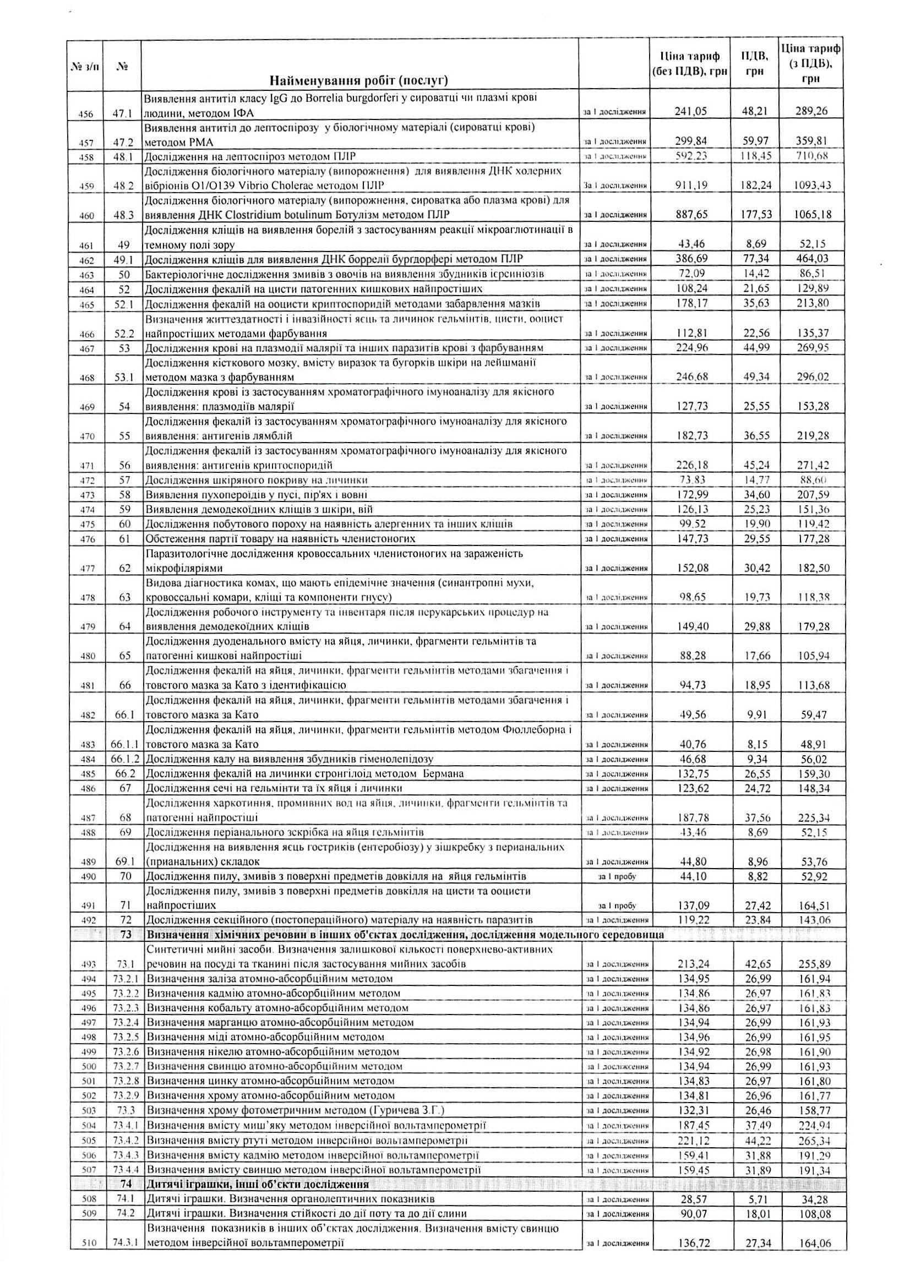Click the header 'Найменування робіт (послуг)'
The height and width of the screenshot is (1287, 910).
[359, 81]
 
